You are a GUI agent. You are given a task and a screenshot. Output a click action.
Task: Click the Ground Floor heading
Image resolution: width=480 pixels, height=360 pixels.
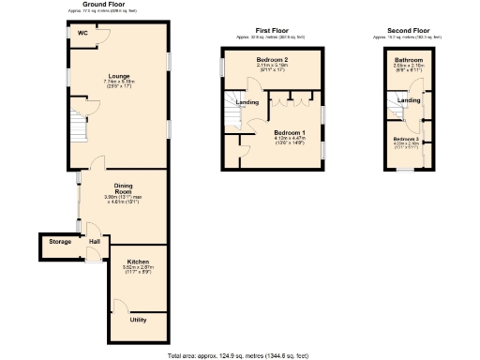(104, 5)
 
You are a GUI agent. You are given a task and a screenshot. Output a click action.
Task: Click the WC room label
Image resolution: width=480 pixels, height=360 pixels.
(82, 33)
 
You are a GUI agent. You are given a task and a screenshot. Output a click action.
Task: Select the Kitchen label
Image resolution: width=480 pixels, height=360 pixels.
(138, 260)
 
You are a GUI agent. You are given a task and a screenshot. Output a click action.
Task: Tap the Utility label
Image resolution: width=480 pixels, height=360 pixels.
(138, 320)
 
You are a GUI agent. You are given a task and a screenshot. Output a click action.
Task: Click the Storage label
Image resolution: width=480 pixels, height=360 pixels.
(60, 242)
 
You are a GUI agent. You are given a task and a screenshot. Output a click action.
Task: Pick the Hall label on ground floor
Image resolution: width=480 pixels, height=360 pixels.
(94, 242)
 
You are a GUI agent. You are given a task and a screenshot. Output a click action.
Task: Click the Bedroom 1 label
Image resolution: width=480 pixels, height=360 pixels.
(289, 132)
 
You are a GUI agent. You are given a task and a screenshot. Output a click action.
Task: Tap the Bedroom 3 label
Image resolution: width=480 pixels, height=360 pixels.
(407, 138)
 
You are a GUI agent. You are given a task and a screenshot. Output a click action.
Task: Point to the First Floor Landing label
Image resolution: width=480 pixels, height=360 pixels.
(247, 102)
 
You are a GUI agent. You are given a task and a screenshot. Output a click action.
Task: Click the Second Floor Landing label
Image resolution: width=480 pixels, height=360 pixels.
(409, 99)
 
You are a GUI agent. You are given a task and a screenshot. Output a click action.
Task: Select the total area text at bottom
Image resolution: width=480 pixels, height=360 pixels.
(240, 356)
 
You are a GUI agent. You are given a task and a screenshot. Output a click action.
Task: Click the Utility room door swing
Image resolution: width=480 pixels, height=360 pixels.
(119, 306)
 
